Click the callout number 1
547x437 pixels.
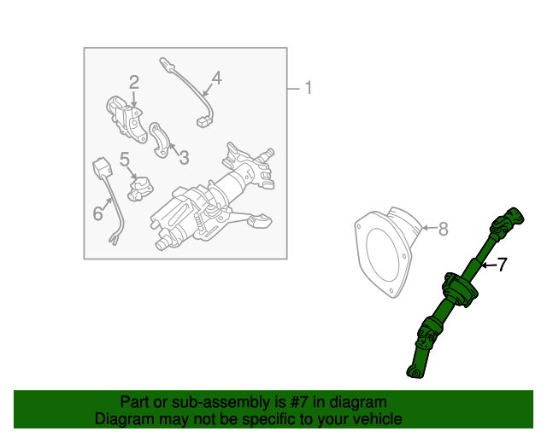click(x=309, y=88)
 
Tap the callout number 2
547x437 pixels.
click(x=134, y=82)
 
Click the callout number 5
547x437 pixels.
click(x=125, y=158)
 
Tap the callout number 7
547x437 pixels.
click(x=502, y=265)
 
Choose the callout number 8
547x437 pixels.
click(x=442, y=228)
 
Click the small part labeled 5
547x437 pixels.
click(x=139, y=187)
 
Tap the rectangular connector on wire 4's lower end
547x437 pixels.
click(x=203, y=121)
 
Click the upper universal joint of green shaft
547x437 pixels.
click(x=503, y=224)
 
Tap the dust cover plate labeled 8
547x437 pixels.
click(x=383, y=253)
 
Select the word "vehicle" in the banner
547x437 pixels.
click(x=378, y=419)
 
